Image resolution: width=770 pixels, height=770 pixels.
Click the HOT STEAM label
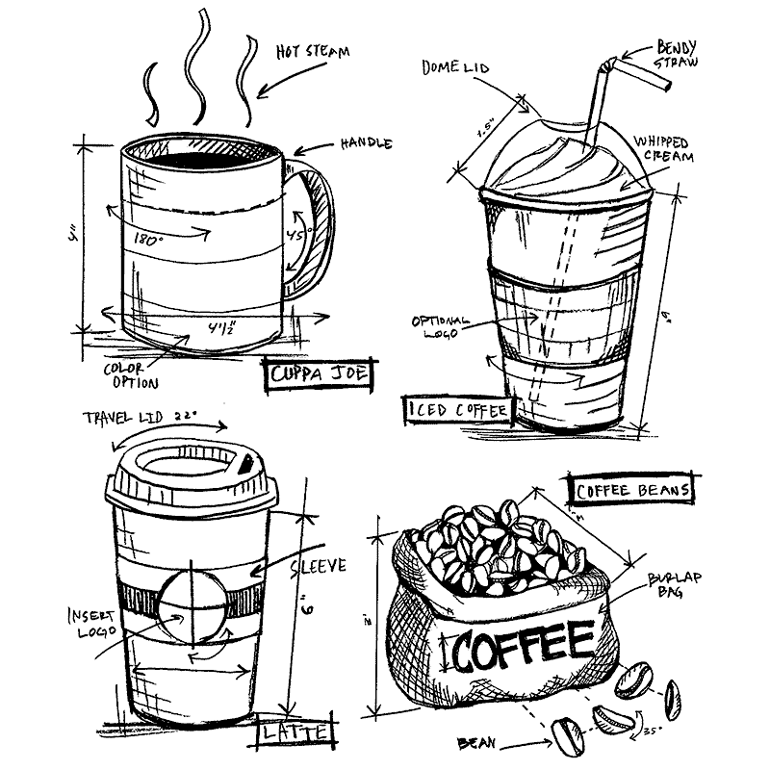pyautogui.click(x=312, y=50)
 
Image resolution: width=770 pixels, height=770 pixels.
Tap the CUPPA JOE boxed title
pyautogui.click(x=318, y=374)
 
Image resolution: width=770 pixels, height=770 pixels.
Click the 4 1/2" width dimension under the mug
pyautogui.click(x=222, y=327)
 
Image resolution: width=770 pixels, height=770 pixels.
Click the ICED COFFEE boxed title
pyautogui.click(x=456, y=411)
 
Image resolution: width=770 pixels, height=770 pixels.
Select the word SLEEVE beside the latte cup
pyautogui.click(x=317, y=567)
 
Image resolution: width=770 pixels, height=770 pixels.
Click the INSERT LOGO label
pyautogui.click(x=92, y=622)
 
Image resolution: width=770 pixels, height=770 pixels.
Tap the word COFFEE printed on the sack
pyautogui.click(x=524, y=646)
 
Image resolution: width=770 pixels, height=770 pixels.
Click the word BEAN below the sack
pyautogui.click(x=479, y=742)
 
